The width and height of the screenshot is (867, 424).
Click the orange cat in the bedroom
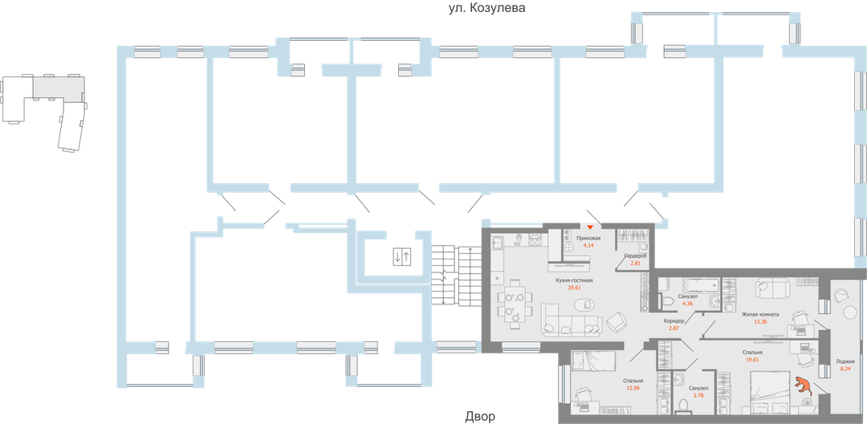(x=803, y=386)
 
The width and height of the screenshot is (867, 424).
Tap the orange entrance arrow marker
(x=590, y=229)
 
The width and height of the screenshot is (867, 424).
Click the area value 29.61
(x=574, y=288)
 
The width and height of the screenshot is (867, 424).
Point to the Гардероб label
(x=635, y=255)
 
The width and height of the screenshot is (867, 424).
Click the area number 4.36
(x=688, y=304)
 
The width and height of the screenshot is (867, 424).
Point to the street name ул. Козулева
(x=486, y=7)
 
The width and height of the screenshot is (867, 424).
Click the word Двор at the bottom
(x=480, y=417)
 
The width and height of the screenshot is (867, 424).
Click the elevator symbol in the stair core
(x=401, y=257)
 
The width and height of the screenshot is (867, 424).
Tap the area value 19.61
(x=753, y=360)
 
